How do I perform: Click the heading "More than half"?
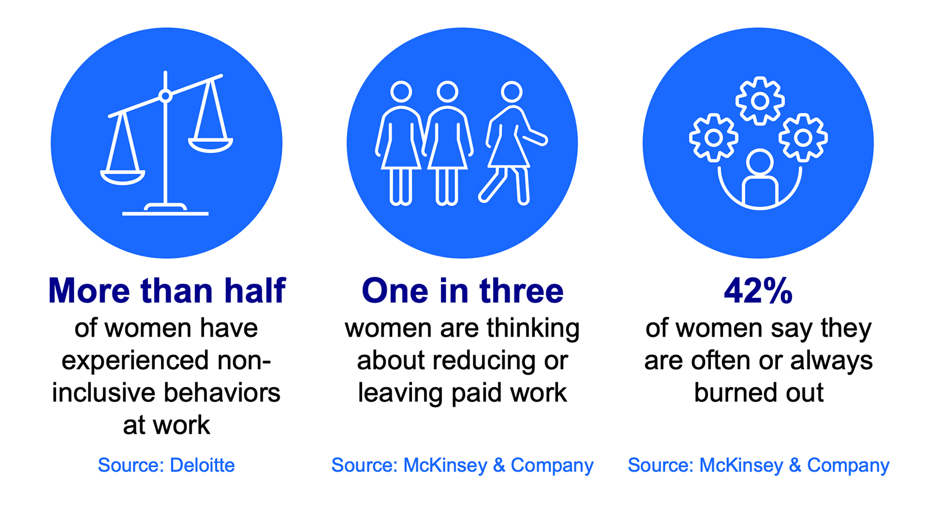tap(167, 291)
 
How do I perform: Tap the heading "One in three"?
tap(463, 291)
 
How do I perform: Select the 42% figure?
tap(758, 291)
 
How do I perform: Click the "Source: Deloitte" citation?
tap(166, 465)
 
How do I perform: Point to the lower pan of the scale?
tap(122, 177)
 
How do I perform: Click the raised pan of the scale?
tap(210, 145)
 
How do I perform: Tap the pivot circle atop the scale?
tap(166, 96)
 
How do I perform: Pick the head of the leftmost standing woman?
tap(402, 92)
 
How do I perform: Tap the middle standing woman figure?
tap(447, 143)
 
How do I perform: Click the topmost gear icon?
tap(760, 101)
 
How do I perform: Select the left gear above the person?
tap(713, 137)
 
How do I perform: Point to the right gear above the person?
tap(803, 137)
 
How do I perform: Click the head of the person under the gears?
tap(760, 162)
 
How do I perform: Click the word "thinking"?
tap(533, 329)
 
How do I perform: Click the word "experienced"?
tap(135, 361)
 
